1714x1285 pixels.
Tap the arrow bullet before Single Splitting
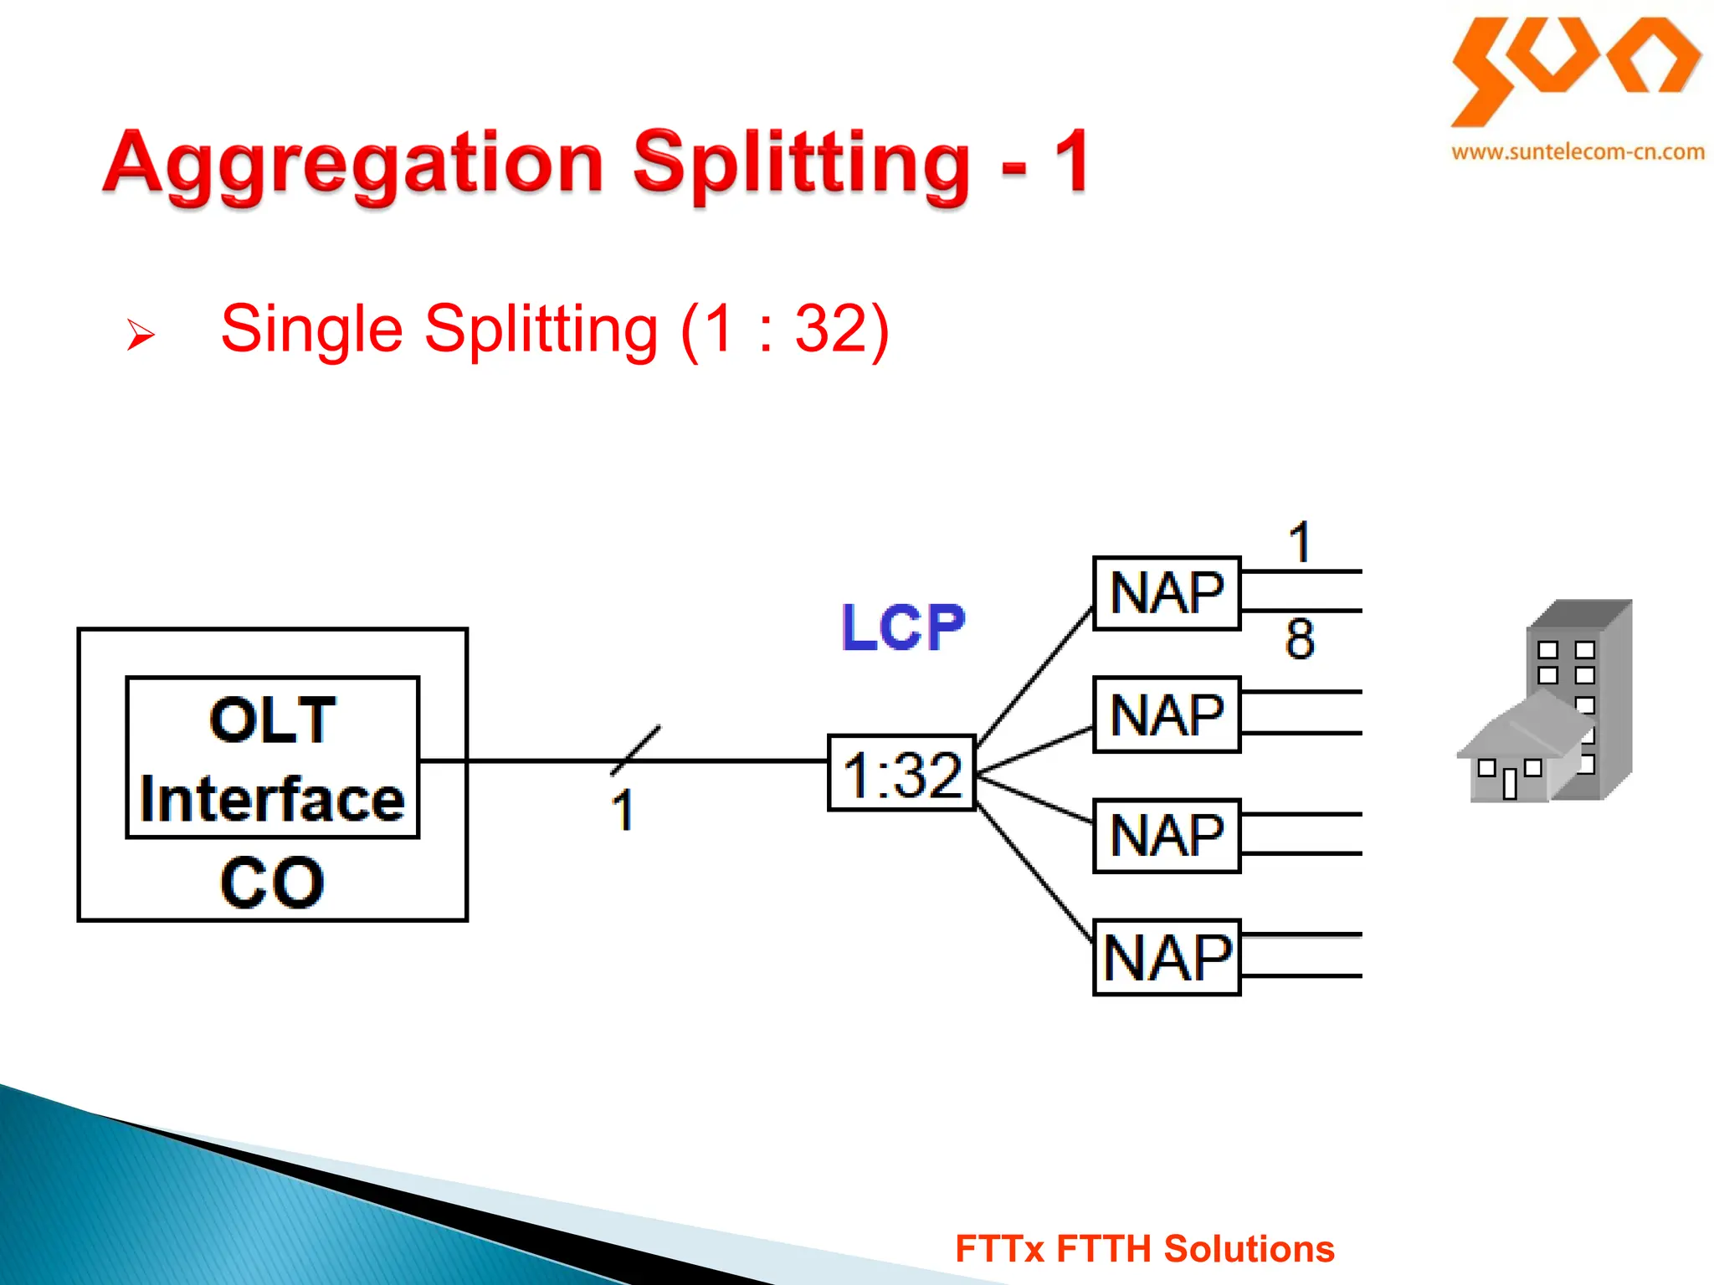coord(140,335)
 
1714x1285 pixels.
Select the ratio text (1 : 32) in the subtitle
coord(784,329)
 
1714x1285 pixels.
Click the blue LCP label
coord(902,627)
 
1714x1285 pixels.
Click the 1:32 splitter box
coord(901,774)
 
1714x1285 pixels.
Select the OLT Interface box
coord(272,757)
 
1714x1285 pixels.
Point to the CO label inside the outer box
coord(272,883)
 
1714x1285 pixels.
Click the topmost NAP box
coord(1167,593)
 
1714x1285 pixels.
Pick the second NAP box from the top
coord(1167,715)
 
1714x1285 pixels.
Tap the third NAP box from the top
coord(1167,836)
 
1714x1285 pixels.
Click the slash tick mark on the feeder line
coord(636,750)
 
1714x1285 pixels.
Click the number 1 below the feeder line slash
coord(623,811)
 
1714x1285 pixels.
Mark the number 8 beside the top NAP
coord(1300,639)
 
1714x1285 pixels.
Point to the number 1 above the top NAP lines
coord(1299,543)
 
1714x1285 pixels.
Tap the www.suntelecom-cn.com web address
coord(1578,152)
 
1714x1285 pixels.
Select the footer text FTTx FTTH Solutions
coord(1144,1249)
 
